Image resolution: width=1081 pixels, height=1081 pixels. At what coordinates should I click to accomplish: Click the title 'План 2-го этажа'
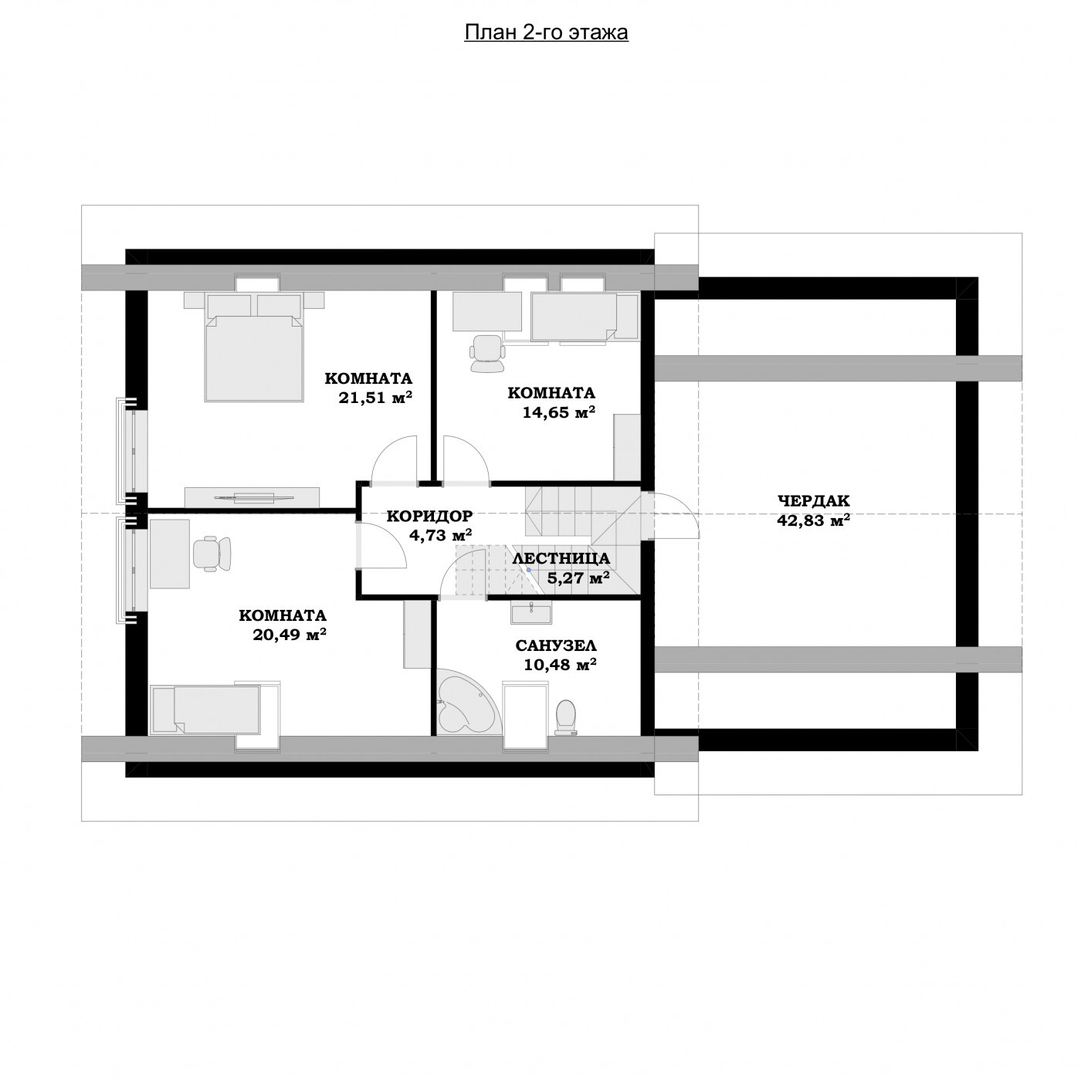pyautogui.click(x=546, y=33)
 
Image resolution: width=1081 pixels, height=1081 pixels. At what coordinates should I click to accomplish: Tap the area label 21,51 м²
pyautogui.click(x=375, y=397)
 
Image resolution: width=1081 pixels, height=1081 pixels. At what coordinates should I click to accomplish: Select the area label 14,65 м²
pyautogui.click(x=558, y=412)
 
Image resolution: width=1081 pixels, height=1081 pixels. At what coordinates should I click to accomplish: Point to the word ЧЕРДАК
pyautogui.click(x=813, y=500)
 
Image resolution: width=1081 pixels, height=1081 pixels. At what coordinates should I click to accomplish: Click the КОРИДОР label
pyautogui.click(x=430, y=516)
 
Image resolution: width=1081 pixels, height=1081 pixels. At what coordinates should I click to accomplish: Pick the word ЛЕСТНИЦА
pyautogui.click(x=561, y=559)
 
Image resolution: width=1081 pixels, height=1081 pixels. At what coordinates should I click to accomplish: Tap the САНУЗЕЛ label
pyautogui.click(x=556, y=646)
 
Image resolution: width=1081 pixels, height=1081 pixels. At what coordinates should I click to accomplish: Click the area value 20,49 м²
pyautogui.click(x=290, y=635)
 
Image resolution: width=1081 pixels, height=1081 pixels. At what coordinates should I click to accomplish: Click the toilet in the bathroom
pyautogui.click(x=565, y=717)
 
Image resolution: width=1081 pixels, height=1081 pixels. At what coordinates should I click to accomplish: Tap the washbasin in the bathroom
pyautogui.click(x=530, y=612)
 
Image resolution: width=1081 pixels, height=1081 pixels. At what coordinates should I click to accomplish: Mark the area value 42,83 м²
pyautogui.click(x=813, y=520)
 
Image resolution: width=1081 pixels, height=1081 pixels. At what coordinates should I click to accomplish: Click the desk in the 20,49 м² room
pyautogui.click(x=170, y=554)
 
